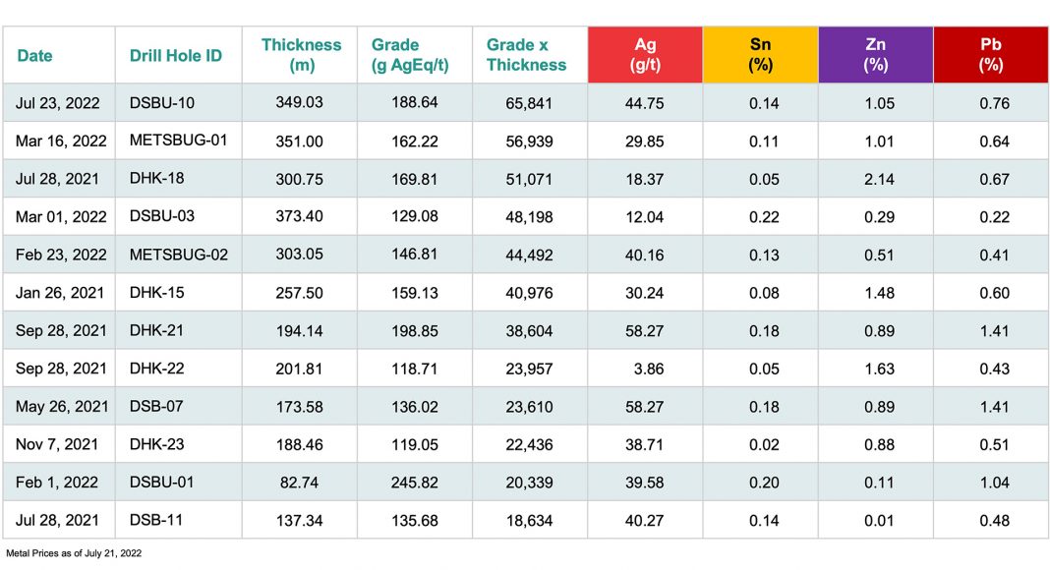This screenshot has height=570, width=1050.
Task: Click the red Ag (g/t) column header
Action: (x=645, y=55)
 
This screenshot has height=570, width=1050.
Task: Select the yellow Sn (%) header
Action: (x=760, y=55)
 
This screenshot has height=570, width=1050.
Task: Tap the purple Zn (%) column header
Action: (x=875, y=55)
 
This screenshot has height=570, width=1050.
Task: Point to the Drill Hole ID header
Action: (x=176, y=56)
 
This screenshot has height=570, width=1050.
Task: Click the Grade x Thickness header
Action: (x=527, y=55)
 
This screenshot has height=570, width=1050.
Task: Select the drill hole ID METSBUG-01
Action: (x=178, y=141)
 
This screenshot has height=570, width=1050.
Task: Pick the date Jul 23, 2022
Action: (x=61, y=103)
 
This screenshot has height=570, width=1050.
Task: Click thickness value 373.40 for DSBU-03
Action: (x=299, y=217)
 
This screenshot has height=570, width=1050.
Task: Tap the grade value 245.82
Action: (x=414, y=483)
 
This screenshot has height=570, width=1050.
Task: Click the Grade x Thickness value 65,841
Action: (x=529, y=103)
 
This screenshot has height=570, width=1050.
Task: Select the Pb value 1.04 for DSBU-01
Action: (x=994, y=483)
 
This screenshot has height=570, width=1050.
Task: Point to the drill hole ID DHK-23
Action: (x=157, y=444)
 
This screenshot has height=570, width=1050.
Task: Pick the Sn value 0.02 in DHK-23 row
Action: (x=760, y=444)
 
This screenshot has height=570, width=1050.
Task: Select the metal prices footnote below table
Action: (x=74, y=553)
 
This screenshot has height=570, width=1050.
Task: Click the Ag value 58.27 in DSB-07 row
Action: (x=644, y=407)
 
